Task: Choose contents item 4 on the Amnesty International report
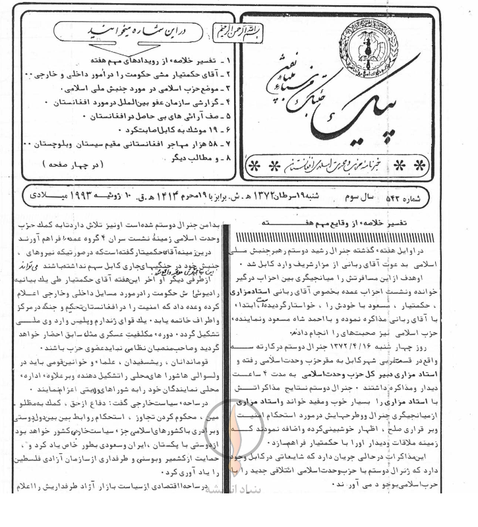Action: (132, 104)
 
